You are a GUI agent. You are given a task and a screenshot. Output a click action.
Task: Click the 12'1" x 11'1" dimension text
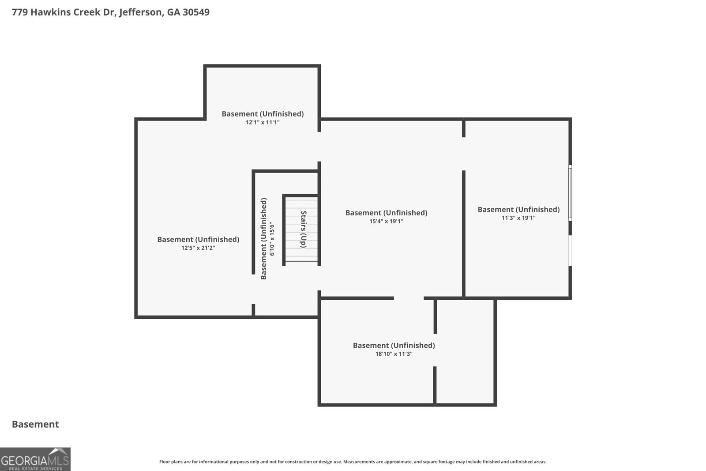[x=263, y=122]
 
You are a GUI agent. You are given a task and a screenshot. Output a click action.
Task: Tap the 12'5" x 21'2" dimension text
[x=198, y=248]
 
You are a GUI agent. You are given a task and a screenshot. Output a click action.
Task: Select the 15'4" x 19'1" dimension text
[x=386, y=221]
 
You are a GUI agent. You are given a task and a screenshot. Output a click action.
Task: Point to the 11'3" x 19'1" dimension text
[x=518, y=218]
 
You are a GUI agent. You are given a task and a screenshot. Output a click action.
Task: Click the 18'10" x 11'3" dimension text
[x=394, y=354]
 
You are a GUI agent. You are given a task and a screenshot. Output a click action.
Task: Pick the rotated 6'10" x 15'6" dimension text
[x=272, y=240]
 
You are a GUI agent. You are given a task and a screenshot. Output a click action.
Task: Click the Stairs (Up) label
[x=304, y=229]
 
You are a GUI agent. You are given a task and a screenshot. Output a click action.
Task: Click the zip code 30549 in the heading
[x=196, y=12]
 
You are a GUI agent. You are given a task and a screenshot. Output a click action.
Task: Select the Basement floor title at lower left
[x=35, y=424]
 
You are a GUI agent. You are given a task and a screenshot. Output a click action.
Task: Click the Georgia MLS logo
[x=35, y=460]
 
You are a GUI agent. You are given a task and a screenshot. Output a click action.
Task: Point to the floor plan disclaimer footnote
[x=353, y=462]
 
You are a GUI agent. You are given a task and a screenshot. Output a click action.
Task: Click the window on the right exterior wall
[x=570, y=192]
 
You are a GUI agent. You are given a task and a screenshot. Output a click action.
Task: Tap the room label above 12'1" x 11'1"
[x=263, y=114]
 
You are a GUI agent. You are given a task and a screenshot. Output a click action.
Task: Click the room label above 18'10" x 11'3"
[x=394, y=345]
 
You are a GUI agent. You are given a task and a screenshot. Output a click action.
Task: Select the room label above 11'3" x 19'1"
[x=518, y=209]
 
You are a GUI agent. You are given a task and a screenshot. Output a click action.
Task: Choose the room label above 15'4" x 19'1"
[x=386, y=213]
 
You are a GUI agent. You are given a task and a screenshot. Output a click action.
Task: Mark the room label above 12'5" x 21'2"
[x=198, y=239]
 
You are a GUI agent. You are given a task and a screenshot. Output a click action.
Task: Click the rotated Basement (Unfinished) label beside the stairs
[x=263, y=239]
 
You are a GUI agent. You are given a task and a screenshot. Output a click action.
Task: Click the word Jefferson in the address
[x=141, y=12]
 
